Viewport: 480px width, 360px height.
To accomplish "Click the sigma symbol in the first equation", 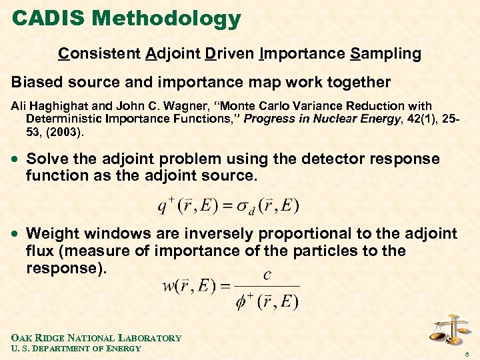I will pos(245,205).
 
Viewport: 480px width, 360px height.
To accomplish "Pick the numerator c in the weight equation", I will pos(267,274).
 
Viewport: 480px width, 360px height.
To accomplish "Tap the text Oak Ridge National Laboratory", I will pos(96,337).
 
